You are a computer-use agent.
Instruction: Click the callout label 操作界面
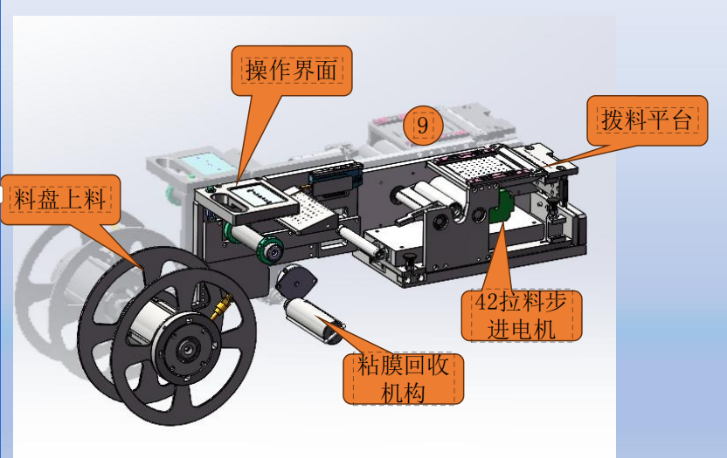coord(292,71)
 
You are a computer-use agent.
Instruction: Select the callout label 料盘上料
coord(60,199)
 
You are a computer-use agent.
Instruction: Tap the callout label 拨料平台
coord(647,120)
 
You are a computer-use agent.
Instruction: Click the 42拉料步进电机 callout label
coord(521,316)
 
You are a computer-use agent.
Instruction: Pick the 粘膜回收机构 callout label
coord(403,379)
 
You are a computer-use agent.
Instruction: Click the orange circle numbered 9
coord(422,125)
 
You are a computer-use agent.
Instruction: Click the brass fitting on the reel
coord(221,306)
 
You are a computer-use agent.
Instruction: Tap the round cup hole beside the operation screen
coord(222,200)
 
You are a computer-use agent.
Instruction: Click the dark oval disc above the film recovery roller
coord(296,281)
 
